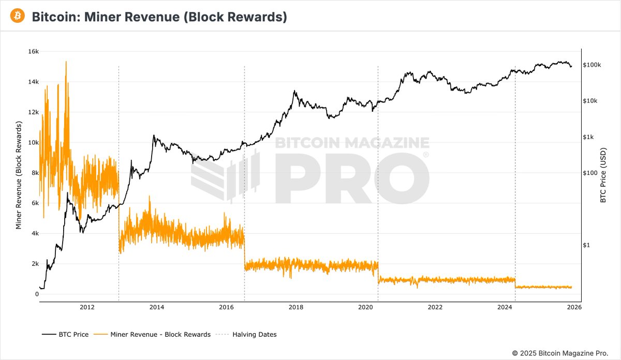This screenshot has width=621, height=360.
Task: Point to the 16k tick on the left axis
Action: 33,52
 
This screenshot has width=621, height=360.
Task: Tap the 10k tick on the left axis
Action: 33,143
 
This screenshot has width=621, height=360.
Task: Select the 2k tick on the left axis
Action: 34,264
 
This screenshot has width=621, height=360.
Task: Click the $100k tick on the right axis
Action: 592,65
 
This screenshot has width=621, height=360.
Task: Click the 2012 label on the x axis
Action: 87,307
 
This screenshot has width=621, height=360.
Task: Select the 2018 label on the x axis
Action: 296,307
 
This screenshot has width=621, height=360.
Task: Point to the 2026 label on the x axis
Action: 574,307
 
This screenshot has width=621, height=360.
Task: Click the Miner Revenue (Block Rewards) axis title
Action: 19,176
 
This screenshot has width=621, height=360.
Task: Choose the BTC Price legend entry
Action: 65,335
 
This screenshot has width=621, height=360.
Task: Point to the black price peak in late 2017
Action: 294,92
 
